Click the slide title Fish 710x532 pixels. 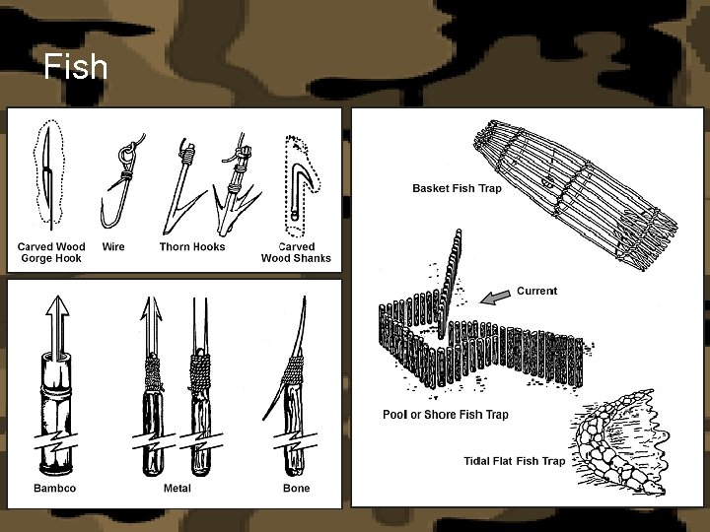(x=76, y=67)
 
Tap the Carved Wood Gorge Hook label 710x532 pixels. (x=51, y=252)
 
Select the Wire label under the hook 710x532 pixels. (x=113, y=246)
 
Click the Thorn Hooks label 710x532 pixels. (x=192, y=246)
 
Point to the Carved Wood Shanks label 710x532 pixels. (x=296, y=252)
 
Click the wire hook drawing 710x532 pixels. (x=122, y=181)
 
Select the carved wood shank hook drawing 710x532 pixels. (x=302, y=185)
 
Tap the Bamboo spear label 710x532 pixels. (x=55, y=488)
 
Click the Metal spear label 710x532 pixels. (x=177, y=488)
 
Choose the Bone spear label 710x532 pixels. (x=296, y=488)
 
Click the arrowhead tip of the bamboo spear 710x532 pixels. (x=57, y=297)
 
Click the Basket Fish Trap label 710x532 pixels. (x=457, y=188)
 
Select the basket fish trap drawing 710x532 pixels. (x=575, y=194)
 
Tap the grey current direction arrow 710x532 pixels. (x=495, y=297)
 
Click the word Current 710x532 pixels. (x=537, y=291)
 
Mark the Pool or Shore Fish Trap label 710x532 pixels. (x=446, y=415)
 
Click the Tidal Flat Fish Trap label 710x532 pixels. (x=515, y=461)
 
